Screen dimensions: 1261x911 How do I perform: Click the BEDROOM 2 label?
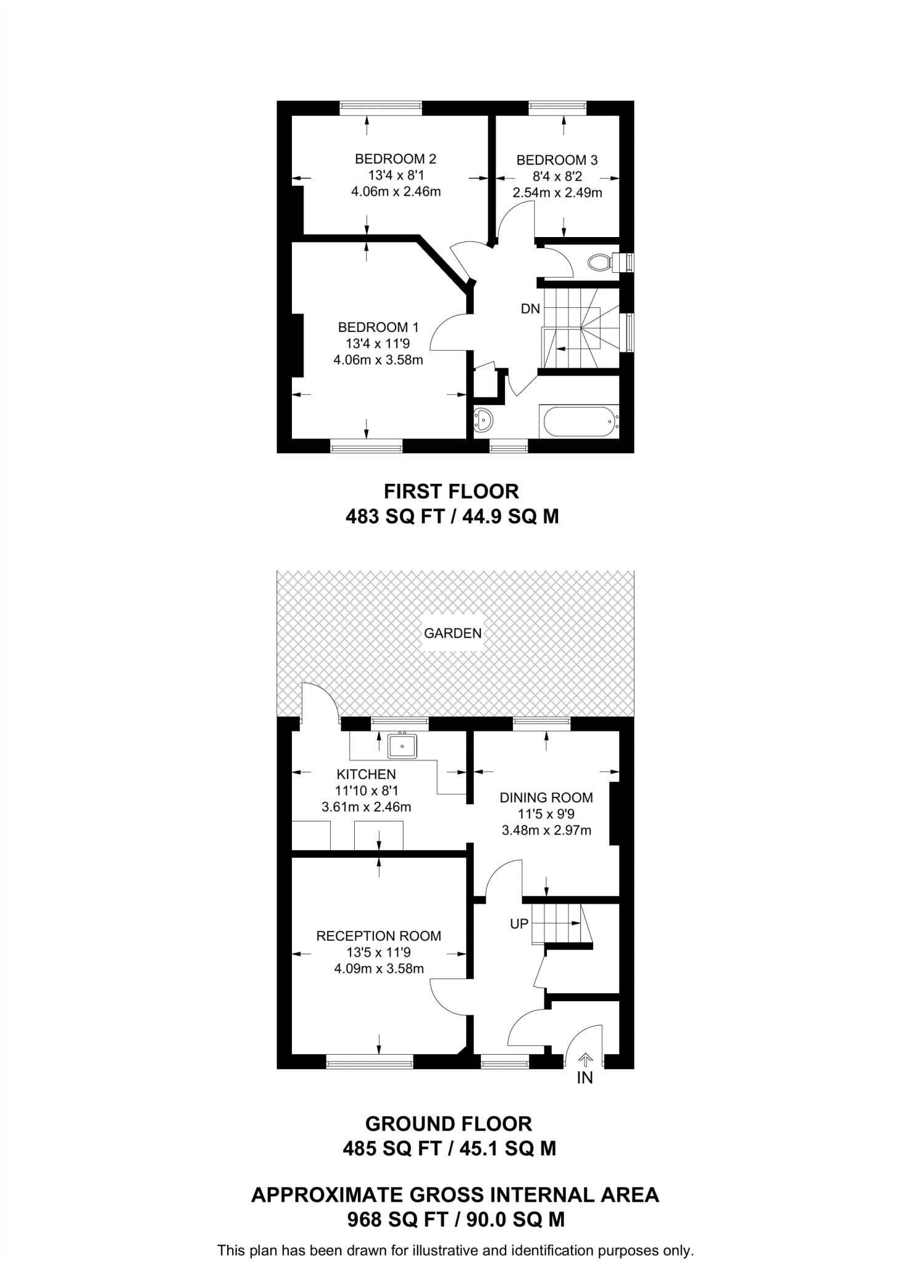pos(395,159)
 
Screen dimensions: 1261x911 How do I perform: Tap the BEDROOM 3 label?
pos(557,160)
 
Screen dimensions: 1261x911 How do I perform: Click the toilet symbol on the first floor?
pos(601,263)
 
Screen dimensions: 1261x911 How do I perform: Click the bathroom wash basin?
pos(484,420)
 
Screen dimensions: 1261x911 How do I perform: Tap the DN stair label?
pos(530,309)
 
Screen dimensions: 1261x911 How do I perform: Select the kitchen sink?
pos(402,746)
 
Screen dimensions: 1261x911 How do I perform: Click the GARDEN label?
pos(453,633)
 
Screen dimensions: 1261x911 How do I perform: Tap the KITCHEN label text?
pos(366,775)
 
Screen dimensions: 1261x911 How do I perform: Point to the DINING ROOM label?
pos(546,798)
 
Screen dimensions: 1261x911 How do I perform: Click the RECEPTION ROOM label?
pos(379,937)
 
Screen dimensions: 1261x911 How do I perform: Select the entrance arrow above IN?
pos(585,1059)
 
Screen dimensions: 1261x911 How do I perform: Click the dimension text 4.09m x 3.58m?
pos(379,969)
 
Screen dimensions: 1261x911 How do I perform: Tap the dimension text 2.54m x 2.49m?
pos(557,193)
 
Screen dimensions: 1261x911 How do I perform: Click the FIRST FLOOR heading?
pos(451,491)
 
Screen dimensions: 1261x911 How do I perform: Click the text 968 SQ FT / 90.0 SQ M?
pos(456,1220)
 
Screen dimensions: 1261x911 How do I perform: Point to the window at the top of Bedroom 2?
pos(381,108)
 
